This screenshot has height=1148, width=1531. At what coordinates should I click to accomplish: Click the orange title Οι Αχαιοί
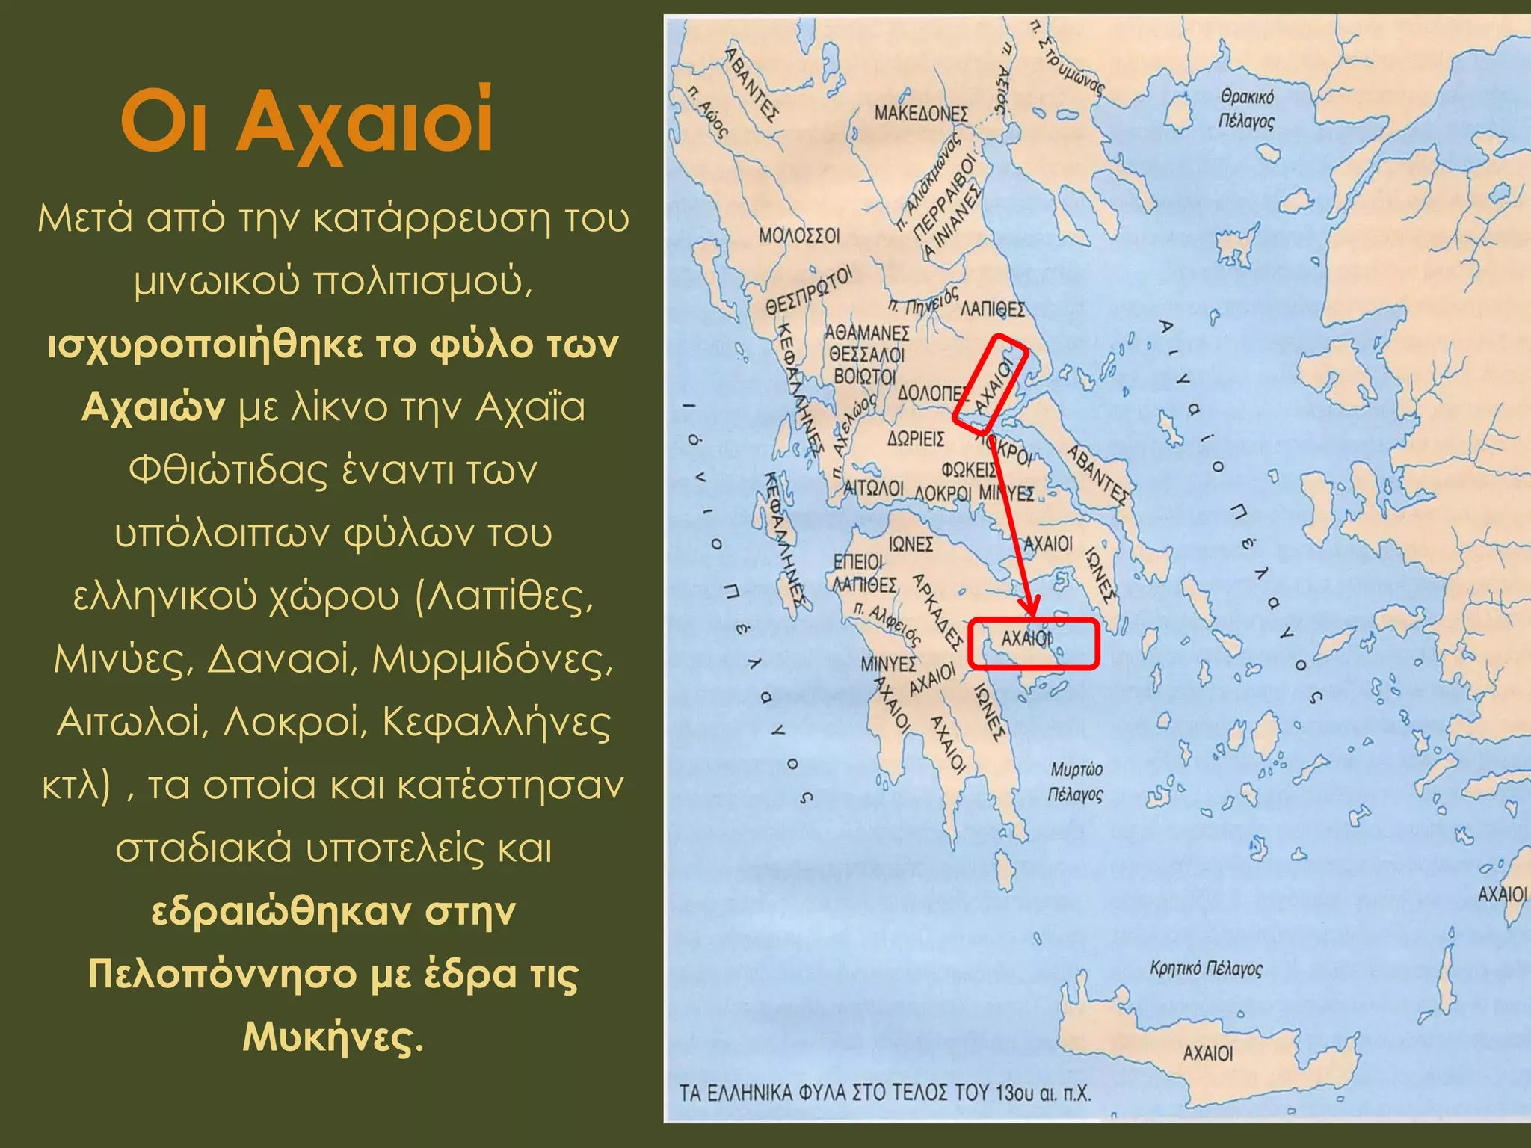click(306, 122)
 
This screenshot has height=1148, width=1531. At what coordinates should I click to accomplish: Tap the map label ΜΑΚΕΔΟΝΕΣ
click(921, 114)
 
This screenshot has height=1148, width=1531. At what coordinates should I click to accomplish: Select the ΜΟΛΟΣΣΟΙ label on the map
click(799, 236)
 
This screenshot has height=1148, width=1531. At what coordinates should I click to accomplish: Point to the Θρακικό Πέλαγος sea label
click(1246, 109)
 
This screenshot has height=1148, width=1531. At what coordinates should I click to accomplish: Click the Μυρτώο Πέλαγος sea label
click(1076, 781)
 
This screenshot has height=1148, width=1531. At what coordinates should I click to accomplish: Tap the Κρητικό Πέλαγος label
click(1206, 969)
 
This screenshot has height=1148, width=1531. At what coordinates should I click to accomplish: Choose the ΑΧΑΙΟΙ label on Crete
click(1208, 1053)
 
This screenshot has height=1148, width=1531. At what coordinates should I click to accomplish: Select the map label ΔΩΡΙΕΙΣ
click(916, 439)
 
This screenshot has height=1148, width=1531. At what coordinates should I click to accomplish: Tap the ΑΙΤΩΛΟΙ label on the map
click(873, 489)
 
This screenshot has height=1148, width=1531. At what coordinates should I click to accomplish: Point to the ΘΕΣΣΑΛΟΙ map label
click(866, 354)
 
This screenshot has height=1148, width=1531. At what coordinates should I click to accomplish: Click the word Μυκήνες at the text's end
click(333, 1037)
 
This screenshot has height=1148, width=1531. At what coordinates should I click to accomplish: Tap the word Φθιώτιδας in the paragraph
click(222, 471)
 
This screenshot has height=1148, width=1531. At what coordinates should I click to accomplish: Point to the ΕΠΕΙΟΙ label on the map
click(857, 561)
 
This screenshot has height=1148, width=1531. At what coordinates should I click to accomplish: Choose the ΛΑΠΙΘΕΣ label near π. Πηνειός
click(993, 309)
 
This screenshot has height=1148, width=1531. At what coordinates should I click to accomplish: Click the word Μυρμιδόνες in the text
click(493, 659)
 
